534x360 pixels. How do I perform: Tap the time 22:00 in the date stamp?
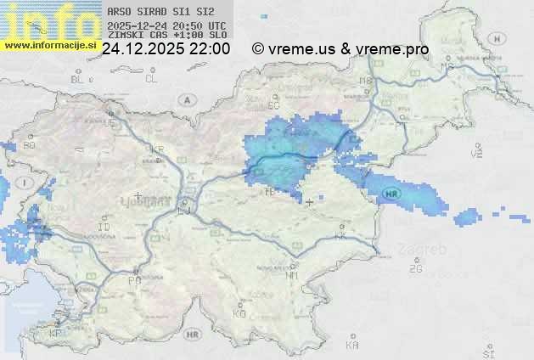pyautogui.click(x=209, y=49)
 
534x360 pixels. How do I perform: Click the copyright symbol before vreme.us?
pyautogui.click(x=258, y=49)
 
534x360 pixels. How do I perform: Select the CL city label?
pyautogui.click(x=151, y=79)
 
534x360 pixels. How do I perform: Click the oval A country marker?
pyautogui.click(x=186, y=99)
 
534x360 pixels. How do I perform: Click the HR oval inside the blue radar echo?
pyautogui.click(x=391, y=194)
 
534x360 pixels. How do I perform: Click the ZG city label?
pyautogui.click(x=415, y=269)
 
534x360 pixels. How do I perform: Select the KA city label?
pyautogui.click(x=352, y=346)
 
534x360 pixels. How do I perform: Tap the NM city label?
pyautogui.click(x=292, y=275)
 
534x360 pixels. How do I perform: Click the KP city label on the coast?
pyautogui.click(x=56, y=333)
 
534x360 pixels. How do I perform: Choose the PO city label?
pyautogui.click(x=134, y=279)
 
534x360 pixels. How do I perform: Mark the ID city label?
pyautogui.click(x=104, y=228)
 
